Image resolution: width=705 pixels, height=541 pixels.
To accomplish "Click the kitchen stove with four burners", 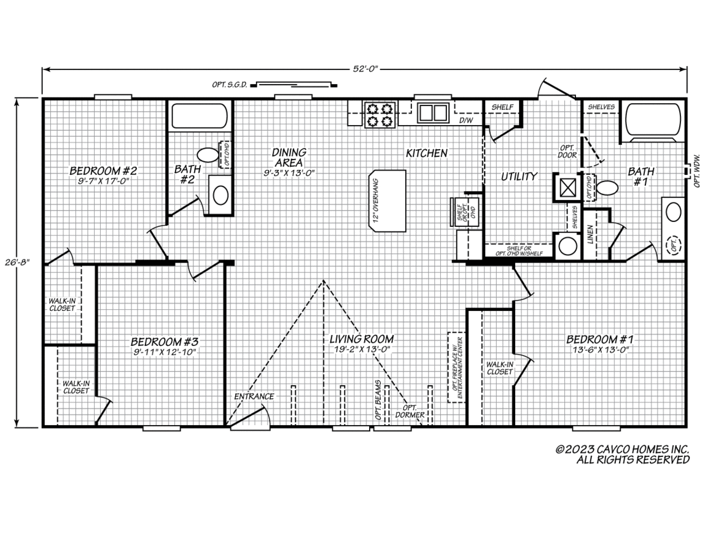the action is pyautogui.click(x=380, y=115).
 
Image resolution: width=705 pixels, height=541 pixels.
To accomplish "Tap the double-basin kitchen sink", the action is pyautogui.click(x=433, y=112).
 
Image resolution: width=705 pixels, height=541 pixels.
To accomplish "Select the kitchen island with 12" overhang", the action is pyautogui.click(x=387, y=201).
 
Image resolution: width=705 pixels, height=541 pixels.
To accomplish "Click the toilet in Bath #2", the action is pyautogui.click(x=208, y=155).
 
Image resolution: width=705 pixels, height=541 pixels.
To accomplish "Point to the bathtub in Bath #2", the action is pyautogui.click(x=199, y=117).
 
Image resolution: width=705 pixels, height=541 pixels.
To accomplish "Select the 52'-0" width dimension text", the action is pyautogui.click(x=365, y=69).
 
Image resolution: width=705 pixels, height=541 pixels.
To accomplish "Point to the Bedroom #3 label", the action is pyautogui.click(x=164, y=342).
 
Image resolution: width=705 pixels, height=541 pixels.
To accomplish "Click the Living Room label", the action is pyautogui.click(x=362, y=339).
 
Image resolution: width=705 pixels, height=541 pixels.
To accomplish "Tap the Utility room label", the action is pyautogui.click(x=520, y=177).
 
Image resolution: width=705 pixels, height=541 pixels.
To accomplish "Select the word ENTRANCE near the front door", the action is pyautogui.click(x=254, y=396).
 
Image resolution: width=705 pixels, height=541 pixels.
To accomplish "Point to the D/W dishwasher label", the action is pyautogui.click(x=465, y=121).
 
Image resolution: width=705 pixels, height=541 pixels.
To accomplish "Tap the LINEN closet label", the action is pyautogui.click(x=591, y=234).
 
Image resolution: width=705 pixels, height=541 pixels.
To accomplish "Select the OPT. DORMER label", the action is pyautogui.click(x=410, y=411).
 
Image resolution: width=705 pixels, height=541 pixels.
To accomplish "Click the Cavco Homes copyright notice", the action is pyautogui.click(x=622, y=455).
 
